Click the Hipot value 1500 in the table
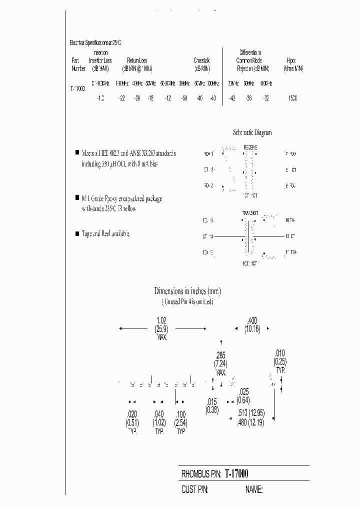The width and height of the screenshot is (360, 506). click(x=292, y=98)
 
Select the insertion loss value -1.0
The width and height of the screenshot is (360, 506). click(x=100, y=98)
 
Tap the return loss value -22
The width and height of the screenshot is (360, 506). click(x=121, y=98)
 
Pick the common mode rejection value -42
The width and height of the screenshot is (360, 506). click(x=232, y=98)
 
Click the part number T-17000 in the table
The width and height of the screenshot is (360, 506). click(x=77, y=88)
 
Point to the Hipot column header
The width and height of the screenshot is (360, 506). click(x=293, y=64)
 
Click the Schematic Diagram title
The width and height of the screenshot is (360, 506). click(x=252, y=132)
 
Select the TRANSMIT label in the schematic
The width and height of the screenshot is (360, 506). click(x=249, y=213)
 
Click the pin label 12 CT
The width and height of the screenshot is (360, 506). click(x=290, y=235)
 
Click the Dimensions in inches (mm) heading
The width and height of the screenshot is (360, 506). click(x=187, y=291)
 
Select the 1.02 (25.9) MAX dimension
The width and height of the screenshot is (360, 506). click(x=161, y=328)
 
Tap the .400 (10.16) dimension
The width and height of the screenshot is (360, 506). click(x=252, y=325)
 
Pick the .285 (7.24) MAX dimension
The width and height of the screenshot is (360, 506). click(x=221, y=362)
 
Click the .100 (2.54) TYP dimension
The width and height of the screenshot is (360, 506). click(x=181, y=422)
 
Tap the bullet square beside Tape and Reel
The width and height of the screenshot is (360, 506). click(x=77, y=233)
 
